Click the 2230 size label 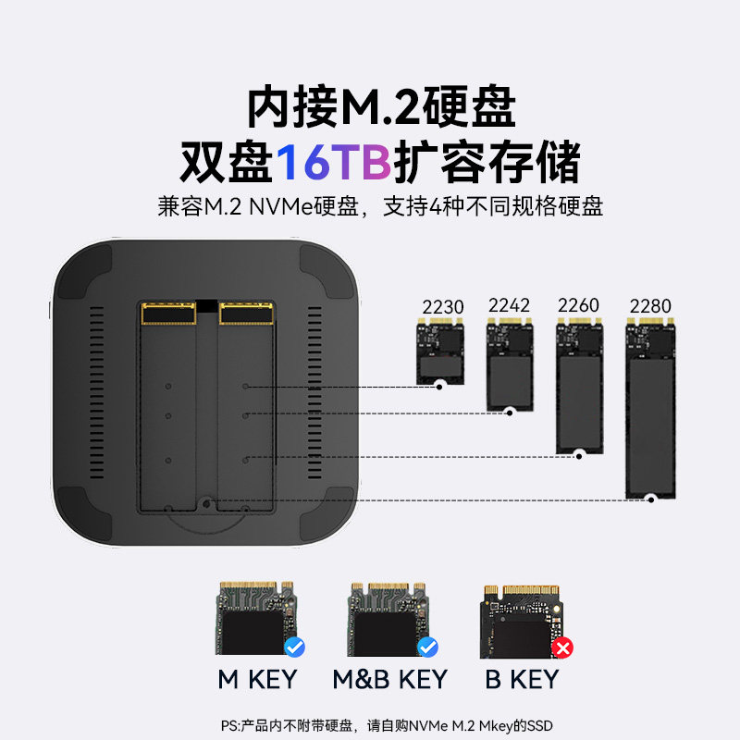click(443, 307)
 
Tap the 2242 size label click(509, 305)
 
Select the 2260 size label click(578, 305)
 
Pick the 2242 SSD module click(509, 364)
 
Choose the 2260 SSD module click(579, 386)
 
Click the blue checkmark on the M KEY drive click(295, 647)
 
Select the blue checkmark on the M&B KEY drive click(427, 647)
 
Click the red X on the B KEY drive click(561, 647)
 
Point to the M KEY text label click(257, 680)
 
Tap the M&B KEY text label click(389, 680)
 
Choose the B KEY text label click(523, 680)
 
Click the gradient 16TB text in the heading click(334, 163)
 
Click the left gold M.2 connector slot click(168, 314)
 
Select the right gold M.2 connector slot click(246, 314)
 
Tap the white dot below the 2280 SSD click(651, 499)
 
